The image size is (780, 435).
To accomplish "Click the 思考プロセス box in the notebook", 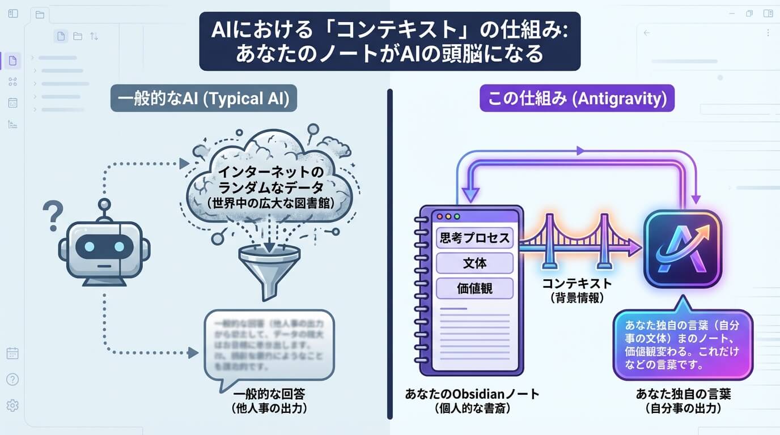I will (474, 238).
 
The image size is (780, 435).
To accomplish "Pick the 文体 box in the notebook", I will (474, 263).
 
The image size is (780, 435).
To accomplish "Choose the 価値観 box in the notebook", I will (474, 288).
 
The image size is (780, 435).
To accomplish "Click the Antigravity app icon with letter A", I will (682, 249).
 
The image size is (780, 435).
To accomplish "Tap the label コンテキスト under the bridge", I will (577, 284).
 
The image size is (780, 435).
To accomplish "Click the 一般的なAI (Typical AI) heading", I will (204, 99).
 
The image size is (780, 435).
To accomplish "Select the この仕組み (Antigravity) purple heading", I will (577, 99).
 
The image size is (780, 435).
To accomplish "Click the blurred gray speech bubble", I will (269, 346).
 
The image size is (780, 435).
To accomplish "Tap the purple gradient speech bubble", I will (682, 346).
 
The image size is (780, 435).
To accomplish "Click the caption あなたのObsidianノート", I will (472, 394).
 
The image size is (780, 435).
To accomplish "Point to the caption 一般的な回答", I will (265, 394).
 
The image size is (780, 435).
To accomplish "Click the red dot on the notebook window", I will (436, 216).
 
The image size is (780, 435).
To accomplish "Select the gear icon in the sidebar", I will (12, 406).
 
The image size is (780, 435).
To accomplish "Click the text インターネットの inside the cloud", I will (265, 172).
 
